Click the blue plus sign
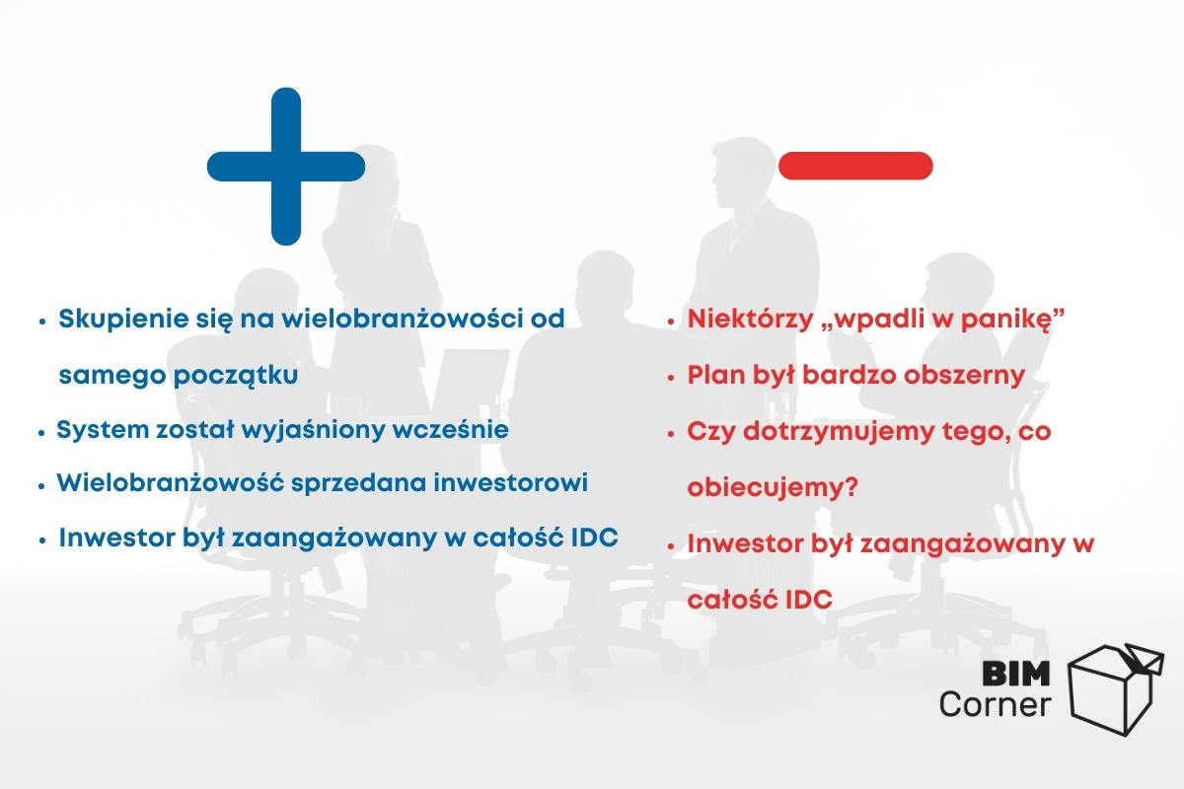(x=286, y=167)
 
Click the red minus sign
(x=855, y=166)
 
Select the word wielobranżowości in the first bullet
(x=403, y=319)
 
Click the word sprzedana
(x=358, y=483)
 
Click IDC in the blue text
(x=595, y=538)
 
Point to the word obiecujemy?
(x=773, y=487)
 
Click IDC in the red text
(x=809, y=600)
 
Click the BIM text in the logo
(x=1016, y=674)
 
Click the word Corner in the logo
(x=996, y=705)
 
